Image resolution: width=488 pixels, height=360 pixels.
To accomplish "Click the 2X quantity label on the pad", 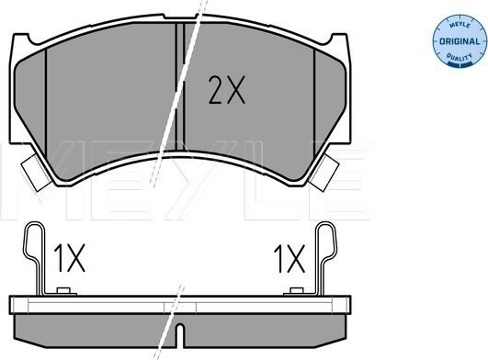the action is click(227, 90).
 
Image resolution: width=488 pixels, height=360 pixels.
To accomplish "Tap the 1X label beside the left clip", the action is click(69, 258).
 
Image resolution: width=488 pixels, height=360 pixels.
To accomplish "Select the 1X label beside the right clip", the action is click(289, 259).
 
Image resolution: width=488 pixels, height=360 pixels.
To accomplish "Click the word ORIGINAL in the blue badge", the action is click(460, 41).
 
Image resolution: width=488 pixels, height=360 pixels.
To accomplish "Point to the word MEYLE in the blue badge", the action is click(460, 26).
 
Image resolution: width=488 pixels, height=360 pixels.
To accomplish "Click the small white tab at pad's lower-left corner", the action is click(35, 173).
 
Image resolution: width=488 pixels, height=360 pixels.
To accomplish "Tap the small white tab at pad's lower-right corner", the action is click(324, 173).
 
